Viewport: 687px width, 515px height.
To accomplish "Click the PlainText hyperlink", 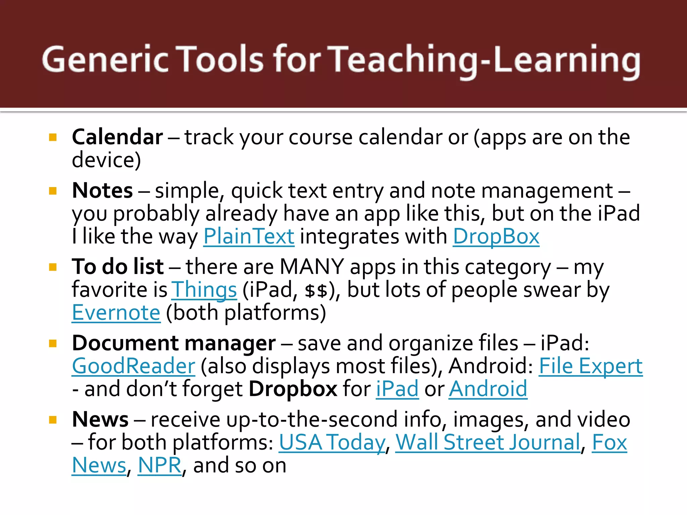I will [249, 236].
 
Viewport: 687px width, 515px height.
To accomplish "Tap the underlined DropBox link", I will [496, 236].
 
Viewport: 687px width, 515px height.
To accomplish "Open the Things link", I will [204, 290].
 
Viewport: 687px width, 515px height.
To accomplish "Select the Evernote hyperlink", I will [116, 312].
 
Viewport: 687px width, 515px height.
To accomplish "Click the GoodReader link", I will [134, 366].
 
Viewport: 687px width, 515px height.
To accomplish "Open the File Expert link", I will [590, 366].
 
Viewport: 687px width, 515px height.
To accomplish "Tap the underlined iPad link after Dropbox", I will [397, 389].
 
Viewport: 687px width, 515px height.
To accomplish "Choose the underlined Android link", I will [488, 389].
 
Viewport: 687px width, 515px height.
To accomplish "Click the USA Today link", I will [332, 442].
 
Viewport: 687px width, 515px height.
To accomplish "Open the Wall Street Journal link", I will [488, 442].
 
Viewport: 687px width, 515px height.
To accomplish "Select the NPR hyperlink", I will [160, 465].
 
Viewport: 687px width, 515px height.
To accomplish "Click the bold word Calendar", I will [117, 137].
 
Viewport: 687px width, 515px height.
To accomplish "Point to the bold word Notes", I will [102, 190].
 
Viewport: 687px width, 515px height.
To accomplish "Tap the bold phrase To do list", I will [118, 267].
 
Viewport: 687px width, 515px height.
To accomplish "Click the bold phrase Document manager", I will [174, 343].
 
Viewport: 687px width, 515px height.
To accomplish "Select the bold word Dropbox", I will [293, 389].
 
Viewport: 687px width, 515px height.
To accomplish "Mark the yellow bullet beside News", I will [53, 420].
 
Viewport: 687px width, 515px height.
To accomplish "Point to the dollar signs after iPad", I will [316, 290].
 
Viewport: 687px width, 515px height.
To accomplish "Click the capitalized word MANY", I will [312, 267].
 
